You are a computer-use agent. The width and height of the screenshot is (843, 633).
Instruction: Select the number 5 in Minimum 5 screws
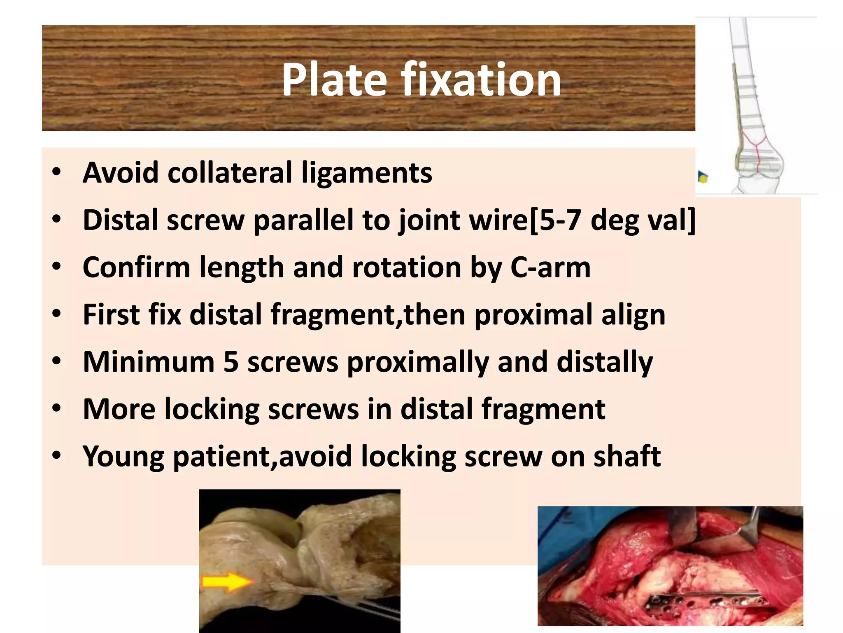(231, 362)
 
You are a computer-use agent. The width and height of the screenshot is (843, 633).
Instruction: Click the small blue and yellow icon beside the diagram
(703, 178)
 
